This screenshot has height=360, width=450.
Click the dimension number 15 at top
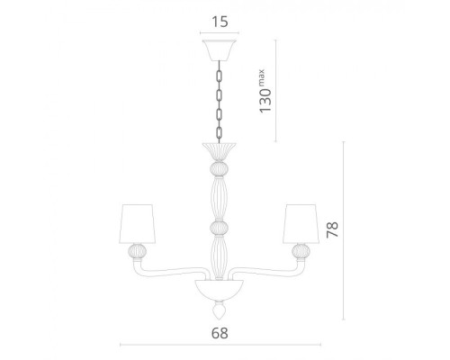coord(220,22)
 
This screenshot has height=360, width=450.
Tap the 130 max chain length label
coord(264,91)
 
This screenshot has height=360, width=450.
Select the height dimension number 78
coord(332,229)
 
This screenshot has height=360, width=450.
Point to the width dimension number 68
coord(220,333)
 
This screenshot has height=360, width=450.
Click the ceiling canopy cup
coord(220,50)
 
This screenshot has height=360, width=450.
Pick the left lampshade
coord(138,224)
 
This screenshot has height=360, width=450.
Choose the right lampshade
coord(301,224)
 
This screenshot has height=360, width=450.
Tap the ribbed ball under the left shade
coord(138,251)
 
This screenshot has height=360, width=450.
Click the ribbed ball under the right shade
coord(301,251)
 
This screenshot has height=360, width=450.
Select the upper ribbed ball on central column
coord(219,169)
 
